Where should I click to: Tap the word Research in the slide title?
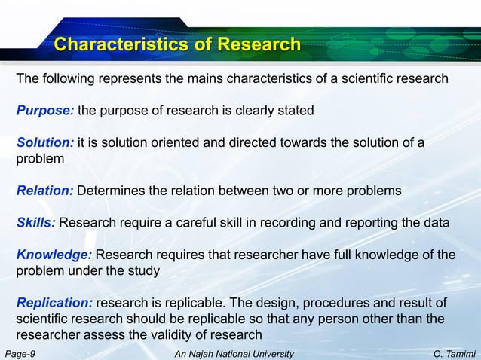259,45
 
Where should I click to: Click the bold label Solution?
45,143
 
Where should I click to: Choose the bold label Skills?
36,223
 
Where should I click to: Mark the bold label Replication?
55,303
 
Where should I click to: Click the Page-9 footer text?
19,352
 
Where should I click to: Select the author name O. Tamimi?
455,352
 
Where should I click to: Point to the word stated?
295,111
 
